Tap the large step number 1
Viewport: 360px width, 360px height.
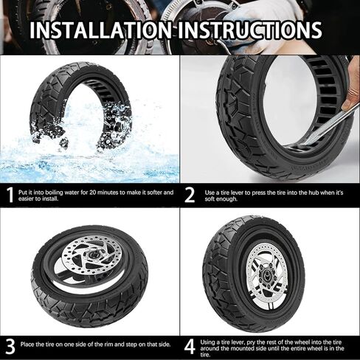[10, 195]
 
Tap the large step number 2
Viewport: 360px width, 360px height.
[190, 195]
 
